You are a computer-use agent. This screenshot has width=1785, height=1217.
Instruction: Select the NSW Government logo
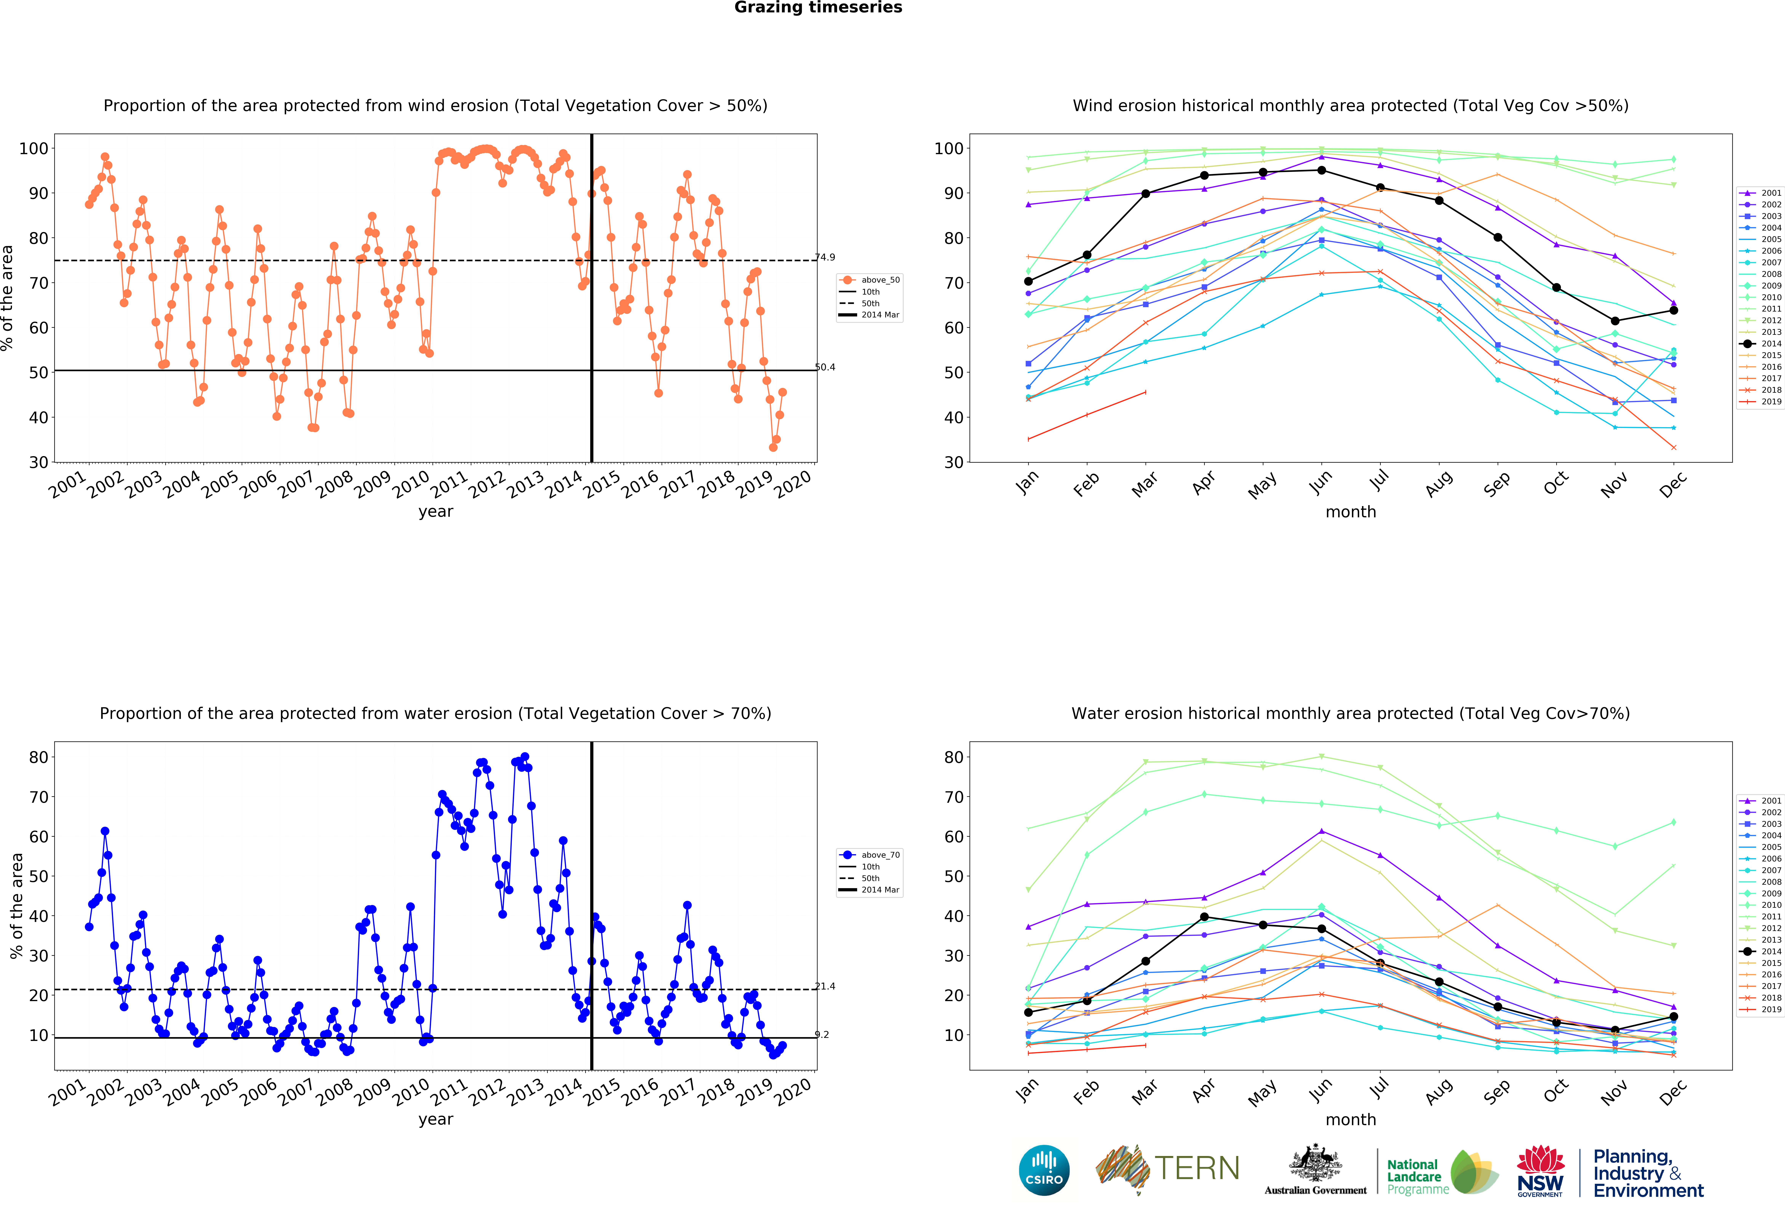(x=1540, y=1171)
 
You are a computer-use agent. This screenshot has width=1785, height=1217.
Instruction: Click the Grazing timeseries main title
(x=818, y=8)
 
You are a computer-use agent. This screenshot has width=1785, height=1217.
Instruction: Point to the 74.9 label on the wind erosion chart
(x=825, y=257)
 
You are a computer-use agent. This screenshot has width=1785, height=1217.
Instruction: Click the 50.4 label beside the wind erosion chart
(x=825, y=367)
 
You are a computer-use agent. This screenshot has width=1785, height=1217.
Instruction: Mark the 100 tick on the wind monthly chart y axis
(x=948, y=148)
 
